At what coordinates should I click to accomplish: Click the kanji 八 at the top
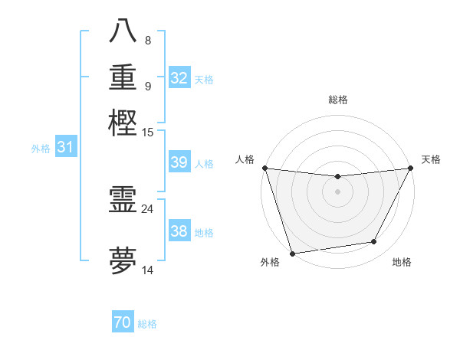[x=123, y=31]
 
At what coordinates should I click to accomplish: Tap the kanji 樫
[x=123, y=123]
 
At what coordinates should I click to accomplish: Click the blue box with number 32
[x=179, y=78]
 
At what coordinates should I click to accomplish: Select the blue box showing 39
[x=179, y=162]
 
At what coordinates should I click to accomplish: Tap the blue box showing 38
[x=179, y=231]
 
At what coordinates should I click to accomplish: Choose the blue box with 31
[x=65, y=148]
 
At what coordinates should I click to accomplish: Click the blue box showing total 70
[x=123, y=322]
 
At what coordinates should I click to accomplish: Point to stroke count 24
[x=147, y=208]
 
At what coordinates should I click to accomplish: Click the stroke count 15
[x=148, y=132]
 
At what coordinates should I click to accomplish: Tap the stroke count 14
[x=147, y=270]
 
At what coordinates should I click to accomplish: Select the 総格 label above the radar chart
[x=337, y=100]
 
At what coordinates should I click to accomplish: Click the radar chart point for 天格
[x=411, y=168]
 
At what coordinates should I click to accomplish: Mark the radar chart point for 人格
[x=264, y=168]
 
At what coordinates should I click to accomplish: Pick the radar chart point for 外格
[x=292, y=253]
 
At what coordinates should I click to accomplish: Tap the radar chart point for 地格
[x=374, y=242]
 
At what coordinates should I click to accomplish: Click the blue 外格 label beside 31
[x=41, y=149]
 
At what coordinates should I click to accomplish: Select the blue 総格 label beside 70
[x=147, y=324]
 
